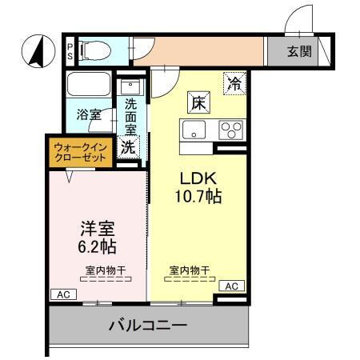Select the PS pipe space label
(70, 52)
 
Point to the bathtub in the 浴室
(90, 86)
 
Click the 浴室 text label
(89, 114)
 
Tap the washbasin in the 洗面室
(129, 85)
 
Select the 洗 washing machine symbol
(127, 146)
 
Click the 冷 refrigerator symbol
(234, 82)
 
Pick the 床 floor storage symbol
(199, 102)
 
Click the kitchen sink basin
(194, 130)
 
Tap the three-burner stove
(231, 130)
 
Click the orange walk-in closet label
(80, 152)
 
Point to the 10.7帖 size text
(198, 196)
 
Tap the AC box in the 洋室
(62, 294)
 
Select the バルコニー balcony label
(148, 326)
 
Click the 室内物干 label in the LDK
(191, 270)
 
